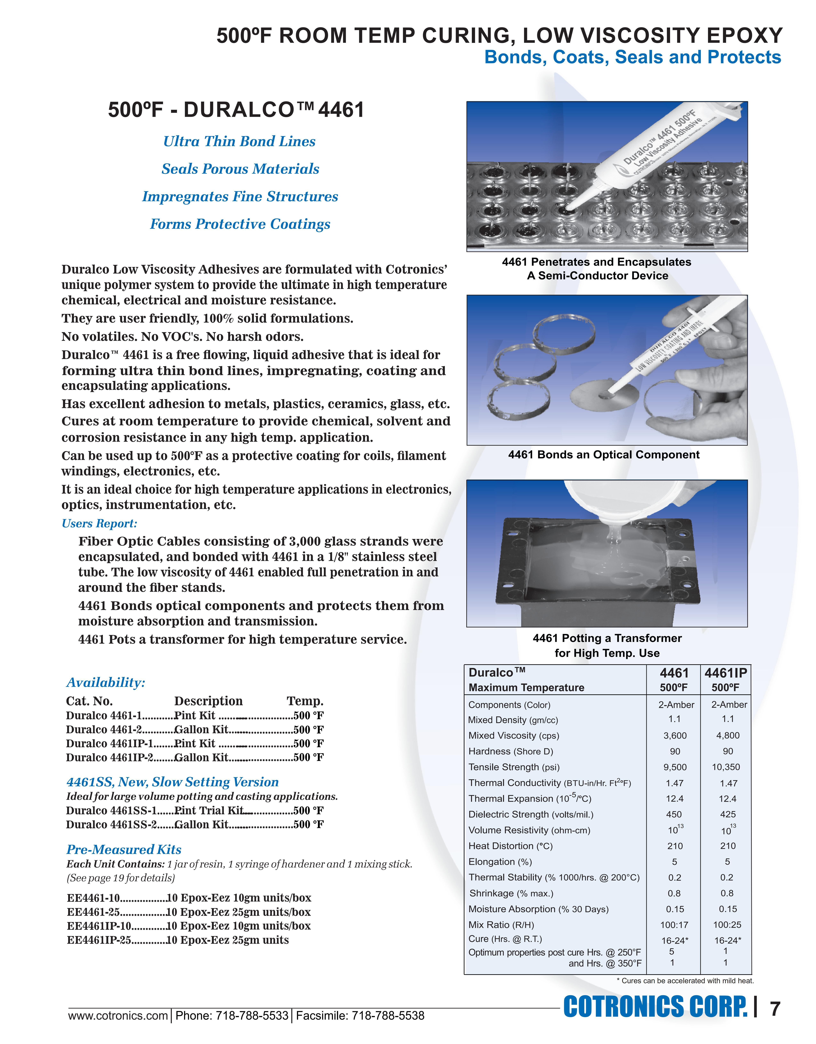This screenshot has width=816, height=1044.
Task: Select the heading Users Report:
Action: point(99,523)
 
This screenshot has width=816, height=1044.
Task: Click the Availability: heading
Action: point(106,682)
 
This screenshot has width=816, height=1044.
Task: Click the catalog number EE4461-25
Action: point(93,912)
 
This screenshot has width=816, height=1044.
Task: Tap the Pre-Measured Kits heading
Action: point(124,849)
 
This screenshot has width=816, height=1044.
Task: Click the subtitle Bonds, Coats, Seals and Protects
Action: point(632,57)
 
